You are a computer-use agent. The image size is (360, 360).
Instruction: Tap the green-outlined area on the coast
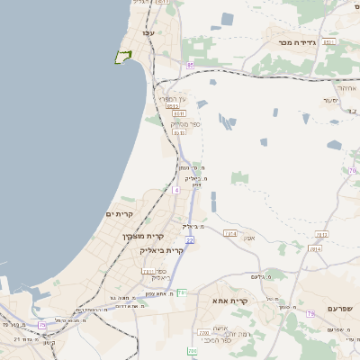click(122, 58)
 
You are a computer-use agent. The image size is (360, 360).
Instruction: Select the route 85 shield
click(190, 66)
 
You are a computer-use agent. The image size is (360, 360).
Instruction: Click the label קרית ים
click(120, 214)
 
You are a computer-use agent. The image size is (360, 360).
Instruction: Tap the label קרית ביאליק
click(162, 250)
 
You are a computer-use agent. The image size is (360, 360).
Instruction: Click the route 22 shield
click(190, 240)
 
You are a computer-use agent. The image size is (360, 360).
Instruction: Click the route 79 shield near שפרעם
click(310, 313)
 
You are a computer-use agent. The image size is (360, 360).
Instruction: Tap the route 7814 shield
click(314, 248)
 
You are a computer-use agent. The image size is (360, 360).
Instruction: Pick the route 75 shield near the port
click(42, 324)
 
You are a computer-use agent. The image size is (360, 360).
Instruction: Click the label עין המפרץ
click(172, 99)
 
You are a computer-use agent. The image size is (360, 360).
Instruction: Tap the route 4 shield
click(176, 190)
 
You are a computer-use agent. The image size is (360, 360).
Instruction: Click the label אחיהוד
click(346, 88)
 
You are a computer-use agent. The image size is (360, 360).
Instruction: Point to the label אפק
click(249, 238)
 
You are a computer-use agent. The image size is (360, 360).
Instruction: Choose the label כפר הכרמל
click(213, 339)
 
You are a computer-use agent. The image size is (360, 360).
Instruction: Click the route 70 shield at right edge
click(353, 170)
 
